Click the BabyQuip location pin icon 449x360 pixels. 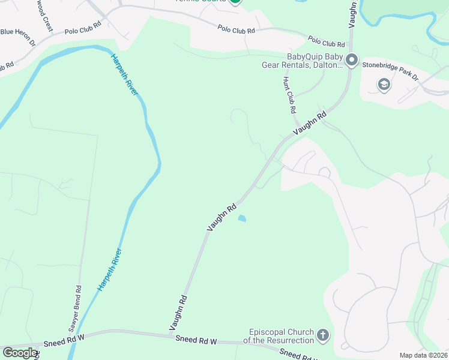(352, 60)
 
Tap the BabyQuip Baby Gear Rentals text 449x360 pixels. (302, 61)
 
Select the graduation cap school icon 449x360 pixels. (384, 85)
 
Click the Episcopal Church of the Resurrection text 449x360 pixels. (281, 336)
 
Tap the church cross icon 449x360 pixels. (323, 335)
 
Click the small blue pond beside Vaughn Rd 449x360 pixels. (242, 218)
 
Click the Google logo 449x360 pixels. (20, 353)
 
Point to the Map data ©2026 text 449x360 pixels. (423, 355)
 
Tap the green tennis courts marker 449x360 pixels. (235, 2)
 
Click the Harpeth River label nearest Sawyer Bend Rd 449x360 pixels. (110, 269)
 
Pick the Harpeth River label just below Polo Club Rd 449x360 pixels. (124, 74)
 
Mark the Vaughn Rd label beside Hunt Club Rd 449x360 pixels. (310, 123)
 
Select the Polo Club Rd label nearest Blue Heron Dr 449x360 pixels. (83, 31)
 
